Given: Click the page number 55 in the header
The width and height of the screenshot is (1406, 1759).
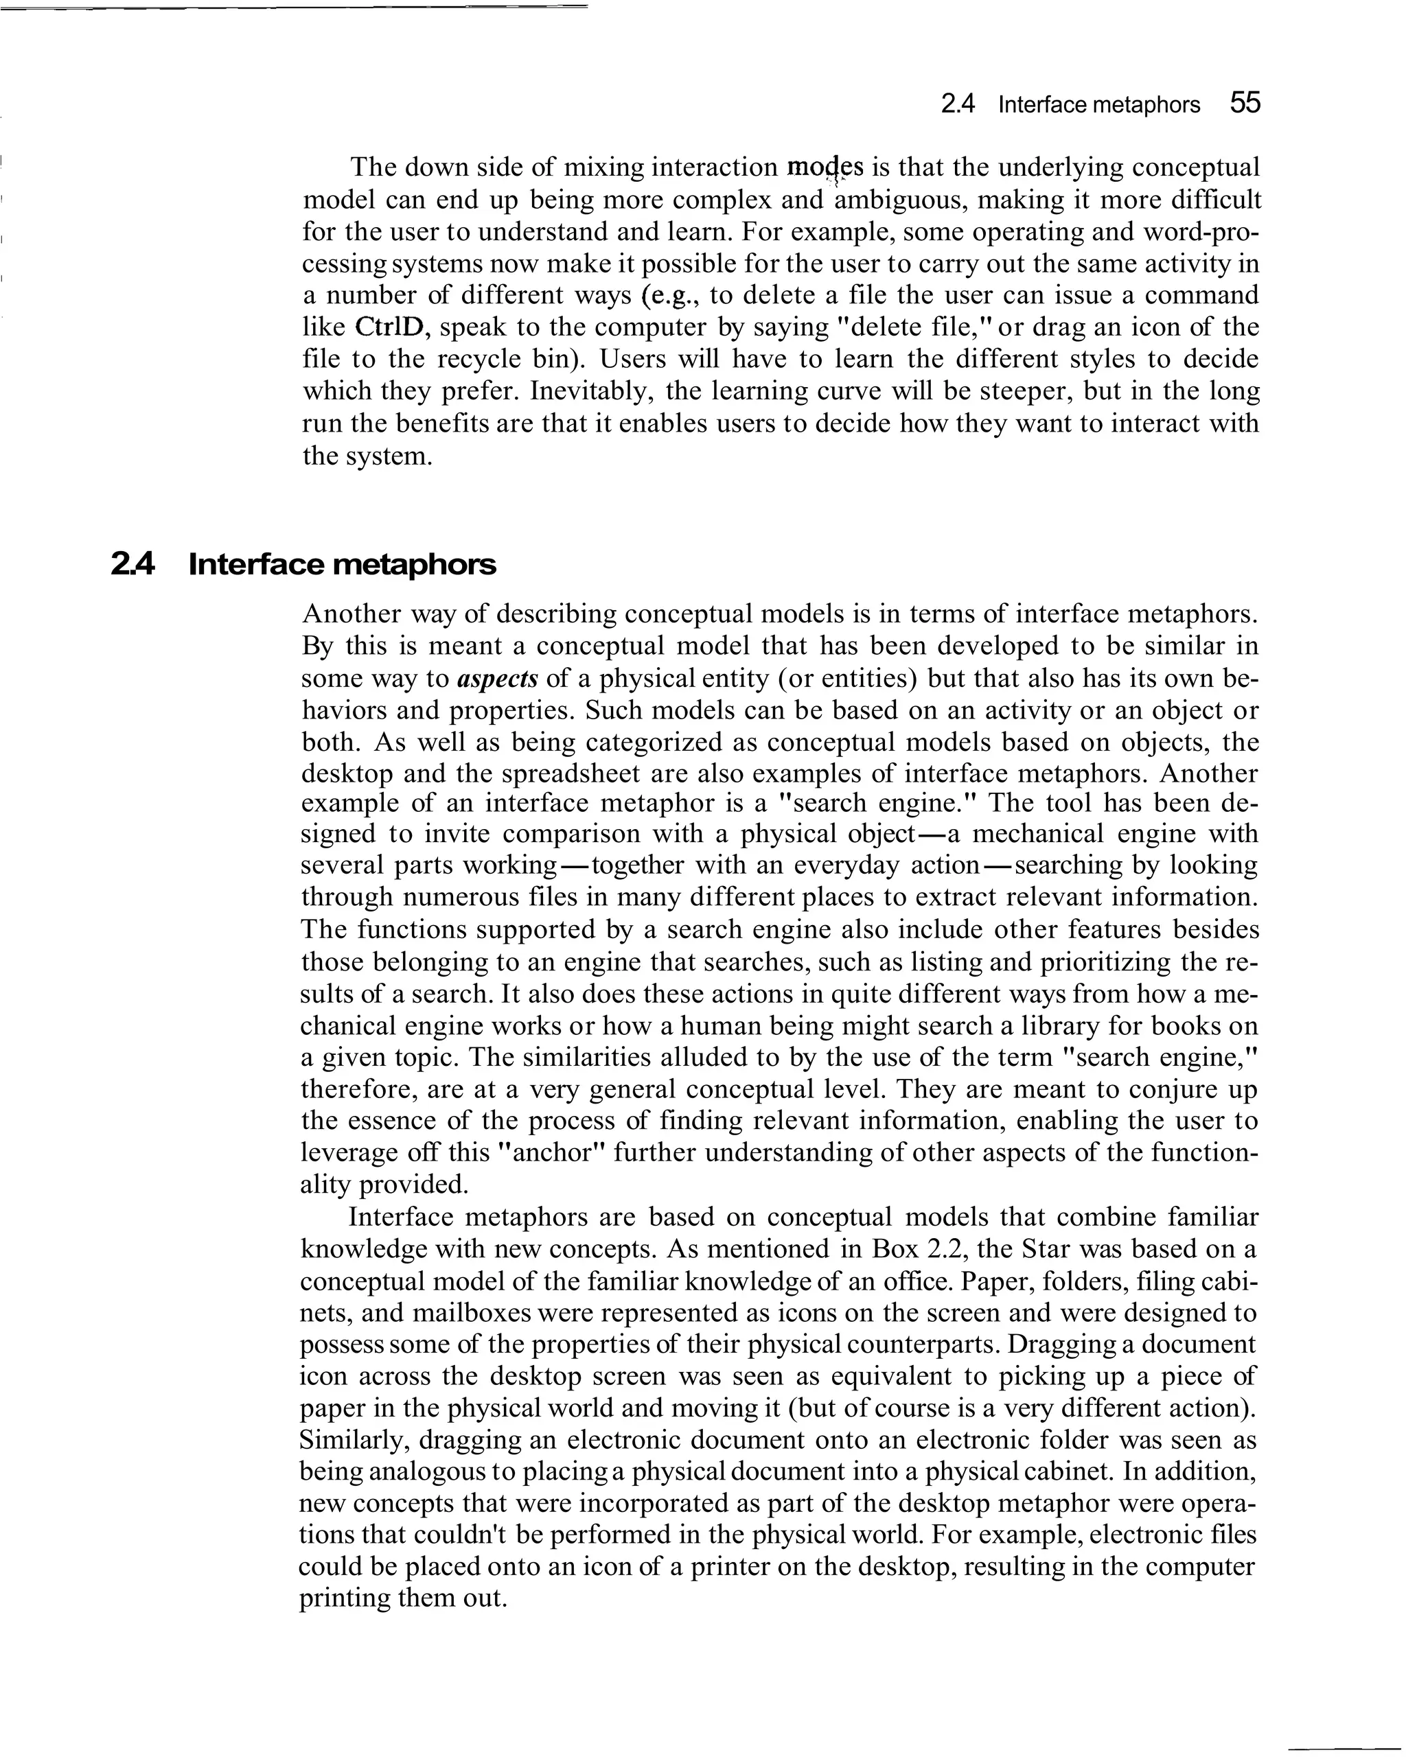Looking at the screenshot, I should click(x=1245, y=104).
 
